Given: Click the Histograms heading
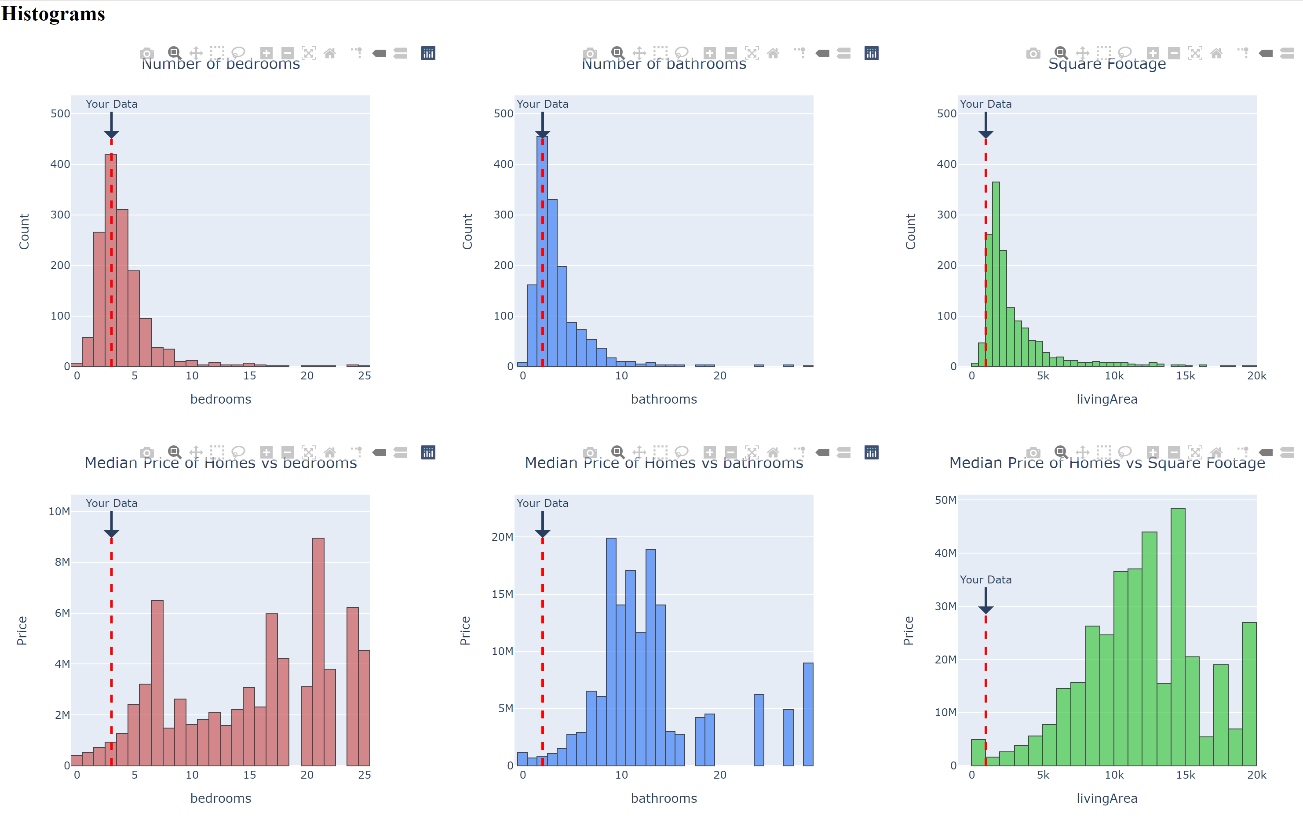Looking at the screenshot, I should (x=53, y=14).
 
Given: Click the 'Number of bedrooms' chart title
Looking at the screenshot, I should (x=220, y=64).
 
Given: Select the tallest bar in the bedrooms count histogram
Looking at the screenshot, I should (x=111, y=260).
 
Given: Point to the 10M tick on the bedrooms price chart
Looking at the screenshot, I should (x=59, y=512).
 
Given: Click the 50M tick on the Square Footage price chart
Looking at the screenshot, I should (x=945, y=500).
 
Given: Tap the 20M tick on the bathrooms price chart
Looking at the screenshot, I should (x=502, y=537).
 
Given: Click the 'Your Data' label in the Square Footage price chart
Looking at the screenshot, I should (x=985, y=580).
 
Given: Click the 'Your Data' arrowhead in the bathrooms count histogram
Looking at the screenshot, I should (x=543, y=134).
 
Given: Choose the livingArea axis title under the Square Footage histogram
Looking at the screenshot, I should (x=1106, y=399).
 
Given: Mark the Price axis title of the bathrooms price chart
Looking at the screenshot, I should (x=465, y=630).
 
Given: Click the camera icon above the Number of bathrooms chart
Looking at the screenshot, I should (x=590, y=53).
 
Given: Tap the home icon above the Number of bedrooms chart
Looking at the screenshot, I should (x=329, y=53).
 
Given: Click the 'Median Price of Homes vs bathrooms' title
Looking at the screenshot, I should (x=664, y=463).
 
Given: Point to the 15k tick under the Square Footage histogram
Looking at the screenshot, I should (x=1185, y=376).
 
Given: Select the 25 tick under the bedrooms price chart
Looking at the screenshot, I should (x=365, y=775).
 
